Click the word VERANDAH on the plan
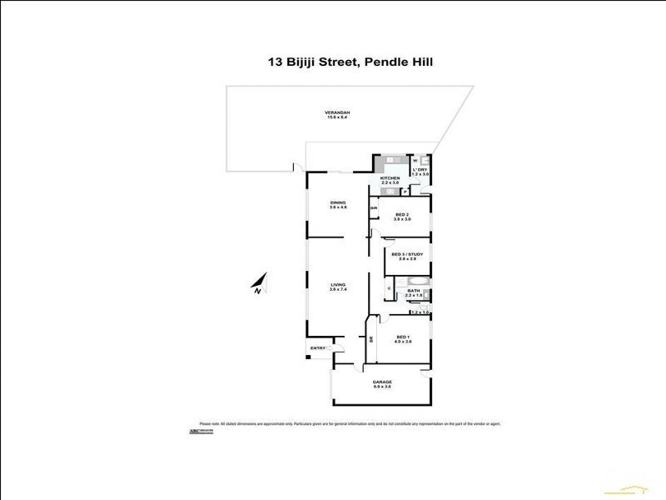coord(337,113)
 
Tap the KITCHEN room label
coord(390,178)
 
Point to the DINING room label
coord(337,202)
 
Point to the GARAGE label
coord(382,382)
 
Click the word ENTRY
coord(317,347)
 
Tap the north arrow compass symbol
coord(259,282)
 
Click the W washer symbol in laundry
coord(415,160)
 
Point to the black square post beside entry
coord(306,357)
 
